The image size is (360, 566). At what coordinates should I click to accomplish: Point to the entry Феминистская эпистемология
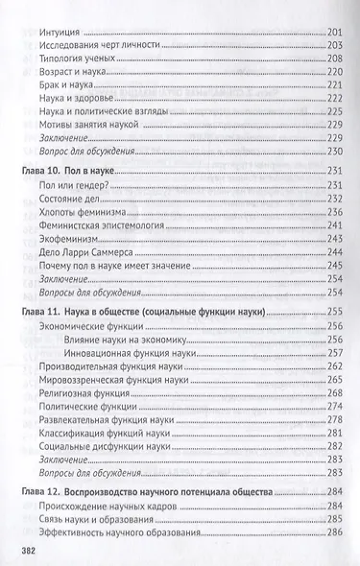115,224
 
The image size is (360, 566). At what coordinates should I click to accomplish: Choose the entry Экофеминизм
81,237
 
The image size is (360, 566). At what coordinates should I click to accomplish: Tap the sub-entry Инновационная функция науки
141,353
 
